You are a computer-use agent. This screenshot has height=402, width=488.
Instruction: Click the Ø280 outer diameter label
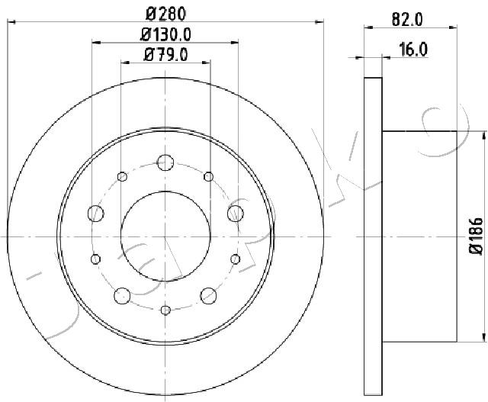point(166,14)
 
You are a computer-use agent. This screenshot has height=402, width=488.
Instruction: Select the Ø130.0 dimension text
point(165,34)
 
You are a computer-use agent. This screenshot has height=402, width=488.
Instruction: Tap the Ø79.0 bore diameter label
point(165,55)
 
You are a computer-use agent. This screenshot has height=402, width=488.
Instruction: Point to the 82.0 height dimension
point(407,20)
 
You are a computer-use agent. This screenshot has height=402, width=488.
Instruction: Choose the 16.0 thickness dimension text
point(413,50)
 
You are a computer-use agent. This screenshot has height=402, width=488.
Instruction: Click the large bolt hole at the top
point(165,162)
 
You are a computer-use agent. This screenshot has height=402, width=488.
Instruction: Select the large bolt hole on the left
point(96,214)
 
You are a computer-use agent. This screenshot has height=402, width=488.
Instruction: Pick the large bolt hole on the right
point(236,214)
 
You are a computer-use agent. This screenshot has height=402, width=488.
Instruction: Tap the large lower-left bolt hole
point(122,295)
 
